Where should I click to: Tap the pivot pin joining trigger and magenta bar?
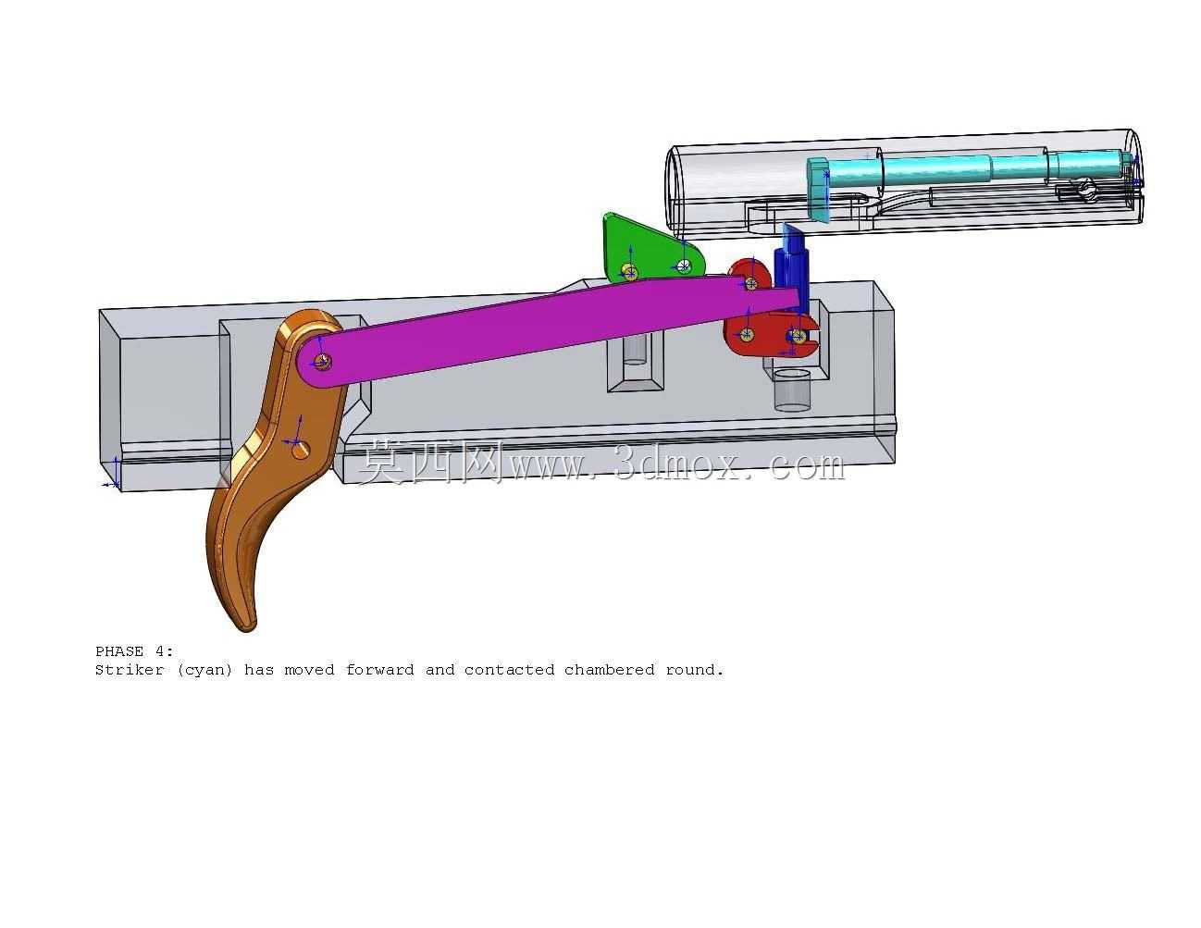click(321, 362)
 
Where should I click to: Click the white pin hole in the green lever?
click(684, 266)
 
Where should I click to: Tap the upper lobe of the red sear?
click(749, 275)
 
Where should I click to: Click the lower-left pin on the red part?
click(746, 334)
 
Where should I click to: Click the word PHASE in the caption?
click(119, 652)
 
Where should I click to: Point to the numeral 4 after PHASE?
click(159, 652)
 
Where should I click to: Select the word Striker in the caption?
click(130, 671)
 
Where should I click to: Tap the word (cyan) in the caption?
click(204, 671)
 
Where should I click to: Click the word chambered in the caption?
click(609, 671)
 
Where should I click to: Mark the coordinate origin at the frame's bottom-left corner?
click(116, 485)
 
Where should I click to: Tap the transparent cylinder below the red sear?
click(791, 390)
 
